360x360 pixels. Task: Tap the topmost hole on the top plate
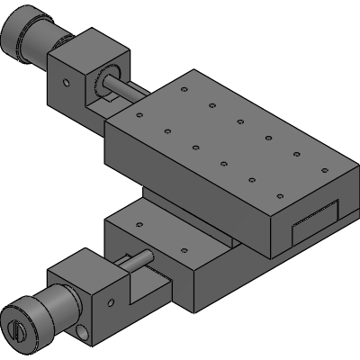click(x=183, y=89)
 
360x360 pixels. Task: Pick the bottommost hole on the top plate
click(x=280, y=194)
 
